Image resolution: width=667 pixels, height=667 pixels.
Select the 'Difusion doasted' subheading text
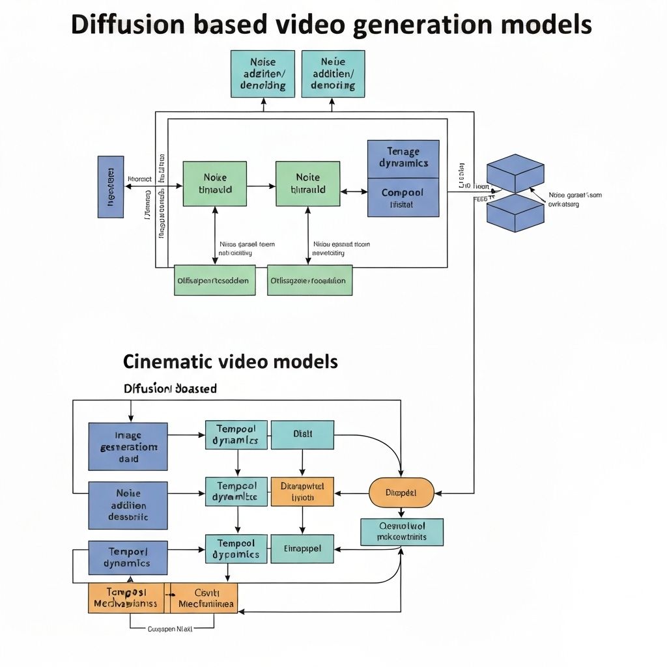(x=170, y=388)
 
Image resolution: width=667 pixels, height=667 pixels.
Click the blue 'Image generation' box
(x=128, y=447)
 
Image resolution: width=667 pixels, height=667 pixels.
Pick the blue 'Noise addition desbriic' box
(x=128, y=505)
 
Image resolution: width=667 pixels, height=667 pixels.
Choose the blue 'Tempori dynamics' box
(x=128, y=558)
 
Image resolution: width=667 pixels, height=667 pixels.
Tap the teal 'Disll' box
(x=302, y=434)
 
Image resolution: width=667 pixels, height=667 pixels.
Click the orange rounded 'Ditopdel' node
(x=401, y=492)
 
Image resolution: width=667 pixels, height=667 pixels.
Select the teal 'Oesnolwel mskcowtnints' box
(x=402, y=532)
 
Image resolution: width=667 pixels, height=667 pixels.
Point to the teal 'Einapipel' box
(x=302, y=548)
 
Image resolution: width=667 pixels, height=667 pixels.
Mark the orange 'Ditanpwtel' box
(x=302, y=491)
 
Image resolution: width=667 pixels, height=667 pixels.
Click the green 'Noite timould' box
(x=214, y=184)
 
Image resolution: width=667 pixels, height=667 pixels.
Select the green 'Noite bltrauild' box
(x=307, y=184)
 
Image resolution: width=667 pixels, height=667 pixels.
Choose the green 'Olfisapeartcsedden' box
(x=214, y=280)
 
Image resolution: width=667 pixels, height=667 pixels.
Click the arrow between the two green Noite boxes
(x=261, y=186)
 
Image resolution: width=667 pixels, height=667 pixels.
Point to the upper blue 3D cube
(x=515, y=173)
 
